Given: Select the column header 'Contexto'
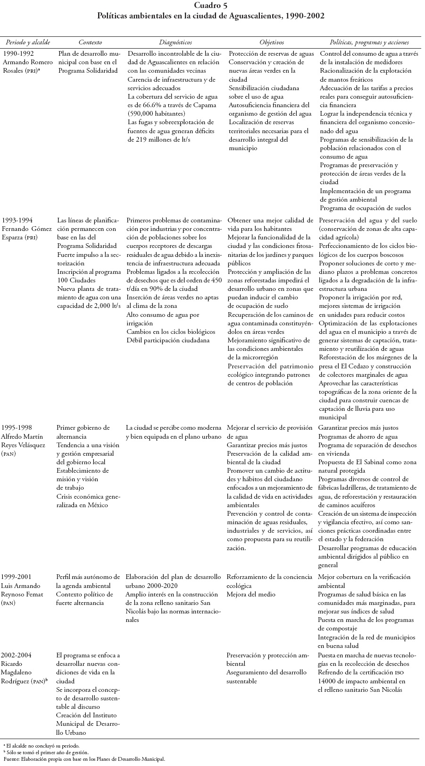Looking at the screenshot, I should (90, 42).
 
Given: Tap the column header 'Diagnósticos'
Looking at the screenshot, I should (175, 42).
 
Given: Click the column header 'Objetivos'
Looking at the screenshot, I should (271, 42).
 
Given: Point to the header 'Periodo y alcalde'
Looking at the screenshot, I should (28, 42).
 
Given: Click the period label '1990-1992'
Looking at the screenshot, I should (17, 53).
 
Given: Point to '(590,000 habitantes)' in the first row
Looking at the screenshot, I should (157, 114).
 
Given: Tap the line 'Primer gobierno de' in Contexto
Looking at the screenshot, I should (83, 428).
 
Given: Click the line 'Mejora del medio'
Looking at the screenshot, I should (251, 595).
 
